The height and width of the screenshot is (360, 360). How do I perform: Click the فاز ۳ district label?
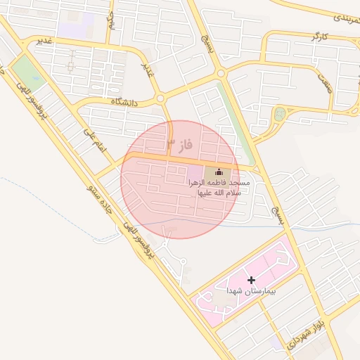[x=179, y=146]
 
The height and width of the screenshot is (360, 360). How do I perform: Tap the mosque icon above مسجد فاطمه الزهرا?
[x=218, y=172]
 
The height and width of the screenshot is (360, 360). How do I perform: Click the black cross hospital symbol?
[x=251, y=280]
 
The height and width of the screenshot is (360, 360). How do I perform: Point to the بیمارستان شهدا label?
[x=251, y=290]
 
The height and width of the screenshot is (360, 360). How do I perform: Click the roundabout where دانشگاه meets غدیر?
[x=160, y=99]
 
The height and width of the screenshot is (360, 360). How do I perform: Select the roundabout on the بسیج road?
[x=221, y=72]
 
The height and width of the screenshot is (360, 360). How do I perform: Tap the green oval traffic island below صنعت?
[x=281, y=113]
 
